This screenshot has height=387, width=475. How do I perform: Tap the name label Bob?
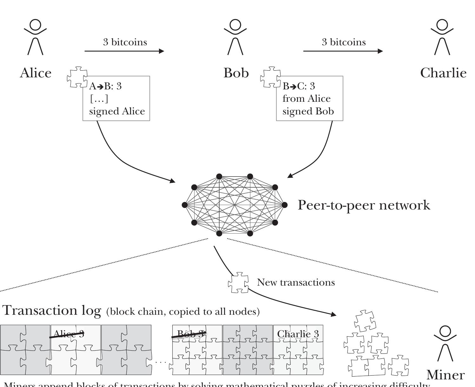[x=236, y=73]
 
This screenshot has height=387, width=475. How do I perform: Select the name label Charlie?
[x=443, y=73]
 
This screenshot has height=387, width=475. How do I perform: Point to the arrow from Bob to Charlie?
[x=343, y=51]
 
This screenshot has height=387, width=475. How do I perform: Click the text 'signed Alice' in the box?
[x=117, y=111]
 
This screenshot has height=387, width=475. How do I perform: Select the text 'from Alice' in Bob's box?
[x=306, y=99]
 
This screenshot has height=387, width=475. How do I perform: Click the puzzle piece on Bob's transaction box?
[x=270, y=77]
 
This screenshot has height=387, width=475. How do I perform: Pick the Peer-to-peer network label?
[x=364, y=205]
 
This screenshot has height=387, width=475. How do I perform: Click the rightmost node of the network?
[x=284, y=205]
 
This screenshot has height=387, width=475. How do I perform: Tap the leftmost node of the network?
[x=185, y=205]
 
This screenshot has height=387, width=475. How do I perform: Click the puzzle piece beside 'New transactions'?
[x=238, y=282]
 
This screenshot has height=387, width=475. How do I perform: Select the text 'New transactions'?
[x=295, y=282]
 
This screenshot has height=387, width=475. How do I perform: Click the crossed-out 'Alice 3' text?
[x=68, y=334]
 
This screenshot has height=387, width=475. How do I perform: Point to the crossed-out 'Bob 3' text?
[x=189, y=334]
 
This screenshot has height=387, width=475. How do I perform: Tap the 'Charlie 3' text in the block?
[x=298, y=334]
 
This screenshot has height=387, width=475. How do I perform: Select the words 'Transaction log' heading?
[x=52, y=310]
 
